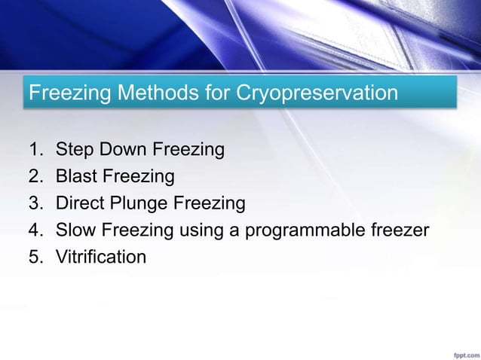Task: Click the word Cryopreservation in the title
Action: coord(317,94)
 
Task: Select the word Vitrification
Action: coord(101,258)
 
